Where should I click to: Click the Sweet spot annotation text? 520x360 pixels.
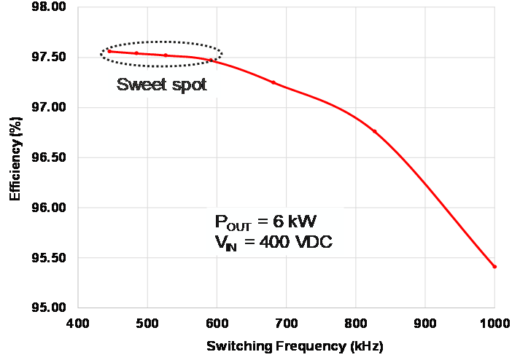(x=162, y=85)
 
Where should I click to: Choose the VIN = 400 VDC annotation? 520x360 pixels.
(x=273, y=243)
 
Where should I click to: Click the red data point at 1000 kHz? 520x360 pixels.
(x=494, y=267)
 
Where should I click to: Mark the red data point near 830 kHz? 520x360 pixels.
(x=375, y=131)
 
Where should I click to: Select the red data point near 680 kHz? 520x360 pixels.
(x=273, y=82)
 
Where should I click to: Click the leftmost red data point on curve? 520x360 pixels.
(x=109, y=51)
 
